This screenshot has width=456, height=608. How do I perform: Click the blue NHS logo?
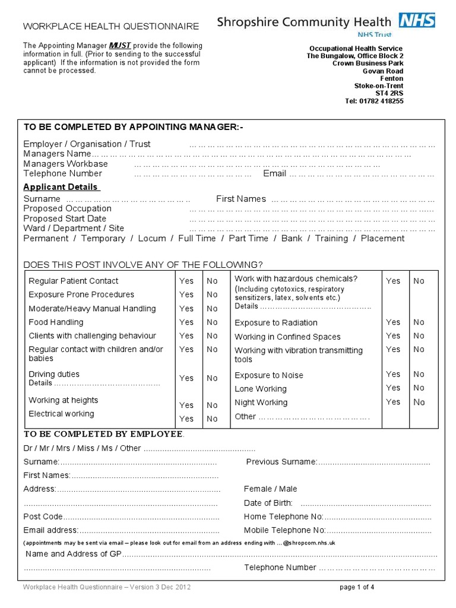[417, 21]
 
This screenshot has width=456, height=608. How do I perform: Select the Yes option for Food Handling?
[186, 322]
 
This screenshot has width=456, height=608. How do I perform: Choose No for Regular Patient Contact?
[212, 281]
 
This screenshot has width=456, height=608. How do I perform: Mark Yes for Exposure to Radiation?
[393, 322]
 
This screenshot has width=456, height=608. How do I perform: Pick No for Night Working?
[419, 402]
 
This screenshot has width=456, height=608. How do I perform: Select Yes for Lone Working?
[393, 388]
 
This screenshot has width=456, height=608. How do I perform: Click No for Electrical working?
[212, 419]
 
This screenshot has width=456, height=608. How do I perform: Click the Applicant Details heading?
[61, 187]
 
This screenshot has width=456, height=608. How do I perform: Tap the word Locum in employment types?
[151, 239]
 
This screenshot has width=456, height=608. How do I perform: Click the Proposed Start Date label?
[65, 218]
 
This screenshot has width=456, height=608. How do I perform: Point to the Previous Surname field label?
[281, 462]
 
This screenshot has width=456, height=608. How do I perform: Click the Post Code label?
[43, 517]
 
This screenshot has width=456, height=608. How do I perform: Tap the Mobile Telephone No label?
[284, 530]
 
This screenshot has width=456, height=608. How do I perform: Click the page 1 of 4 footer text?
[357, 588]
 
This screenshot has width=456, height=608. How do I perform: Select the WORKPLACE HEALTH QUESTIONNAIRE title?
[111, 26]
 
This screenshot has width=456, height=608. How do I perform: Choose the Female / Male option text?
[270, 489]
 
